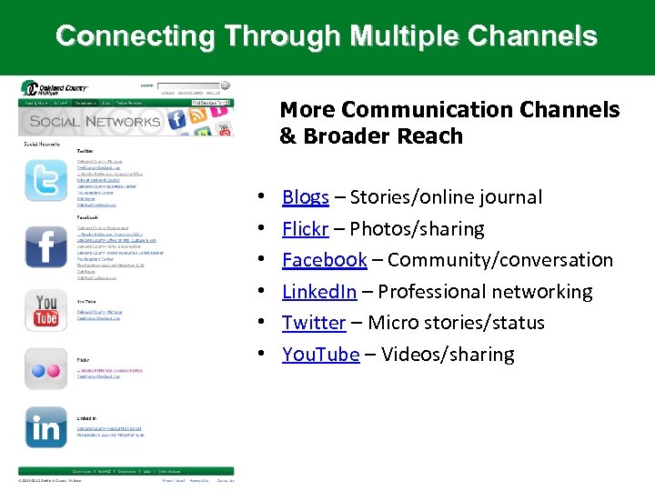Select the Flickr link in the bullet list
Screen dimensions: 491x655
tap(305, 229)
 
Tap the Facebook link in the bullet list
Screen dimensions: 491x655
tap(324, 260)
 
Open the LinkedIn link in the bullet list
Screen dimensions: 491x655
tap(318, 292)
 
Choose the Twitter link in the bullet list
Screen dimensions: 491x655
tap(313, 323)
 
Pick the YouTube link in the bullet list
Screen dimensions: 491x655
tap(320, 355)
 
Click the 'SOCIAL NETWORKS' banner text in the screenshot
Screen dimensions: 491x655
tap(94, 122)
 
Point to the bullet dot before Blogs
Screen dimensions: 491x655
tap(261, 198)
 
